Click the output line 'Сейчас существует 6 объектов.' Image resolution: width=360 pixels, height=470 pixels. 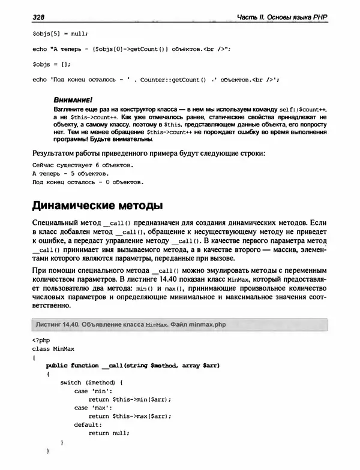pos(82,164)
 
